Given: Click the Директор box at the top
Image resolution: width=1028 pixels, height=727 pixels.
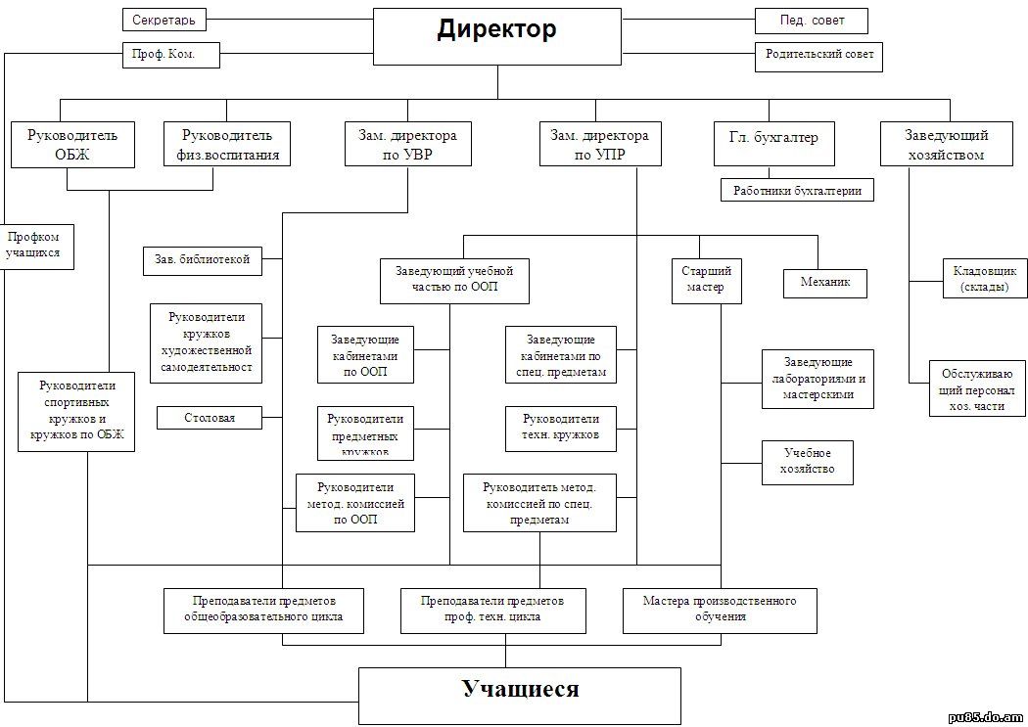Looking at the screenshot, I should click(497, 36).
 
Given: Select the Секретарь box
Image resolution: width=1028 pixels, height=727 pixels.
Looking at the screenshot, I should click(164, 20).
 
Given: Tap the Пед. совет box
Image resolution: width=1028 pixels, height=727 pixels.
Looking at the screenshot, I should click(811, 20).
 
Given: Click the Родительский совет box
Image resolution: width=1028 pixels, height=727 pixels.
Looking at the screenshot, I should click(818, 55).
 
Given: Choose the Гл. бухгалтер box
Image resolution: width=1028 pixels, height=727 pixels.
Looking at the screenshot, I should click(772, 144).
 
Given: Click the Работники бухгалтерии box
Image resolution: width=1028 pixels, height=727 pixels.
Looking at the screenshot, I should click(797, 191).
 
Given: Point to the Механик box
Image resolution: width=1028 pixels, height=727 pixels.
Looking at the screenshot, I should click(824, 283).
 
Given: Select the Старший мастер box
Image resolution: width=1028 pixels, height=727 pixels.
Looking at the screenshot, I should click(705, 280).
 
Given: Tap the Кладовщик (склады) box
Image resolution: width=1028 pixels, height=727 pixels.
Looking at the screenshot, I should click(984, 279).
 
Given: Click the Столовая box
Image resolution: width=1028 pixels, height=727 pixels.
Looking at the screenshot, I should click(210, 418).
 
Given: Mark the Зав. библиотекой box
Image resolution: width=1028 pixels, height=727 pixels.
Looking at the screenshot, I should click(202, 259).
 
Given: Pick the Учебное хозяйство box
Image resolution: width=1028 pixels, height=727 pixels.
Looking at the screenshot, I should click(807, 462).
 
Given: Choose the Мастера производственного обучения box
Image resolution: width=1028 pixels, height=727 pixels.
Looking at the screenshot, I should click(720, 609).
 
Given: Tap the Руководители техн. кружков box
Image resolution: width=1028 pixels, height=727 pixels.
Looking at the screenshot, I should click(560, 428).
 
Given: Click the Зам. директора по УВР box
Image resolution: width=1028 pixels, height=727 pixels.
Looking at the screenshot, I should click(407, 144).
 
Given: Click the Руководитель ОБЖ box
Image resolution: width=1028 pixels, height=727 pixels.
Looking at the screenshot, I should click(72, 144).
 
